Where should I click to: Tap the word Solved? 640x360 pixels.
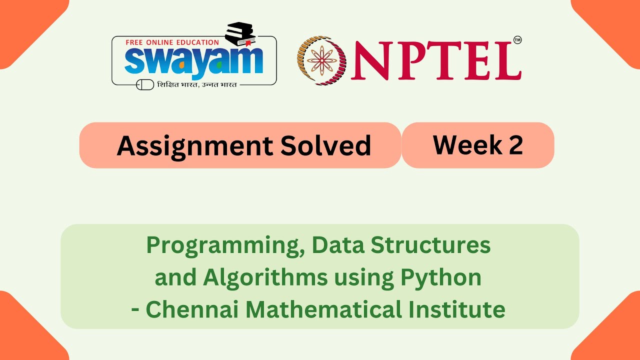pyautogui.click(x=325, y=146)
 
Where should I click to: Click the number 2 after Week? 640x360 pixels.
pyautogui.click(x=516, y=145)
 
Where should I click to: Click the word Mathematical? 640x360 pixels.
pyautogui.click(x=318, y=309)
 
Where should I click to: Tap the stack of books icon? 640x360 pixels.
pyautogui.click(x=240, y=34)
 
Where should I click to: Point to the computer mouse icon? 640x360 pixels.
pyautogui.click(x=145, y=85)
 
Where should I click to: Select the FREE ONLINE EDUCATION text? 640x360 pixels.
pyautogui.click(x=172, y=42)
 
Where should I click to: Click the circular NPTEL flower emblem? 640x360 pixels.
pyautogui.click(x=321, y=60)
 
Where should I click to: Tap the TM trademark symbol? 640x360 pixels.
pyautogui.click(x=517, y=40)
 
